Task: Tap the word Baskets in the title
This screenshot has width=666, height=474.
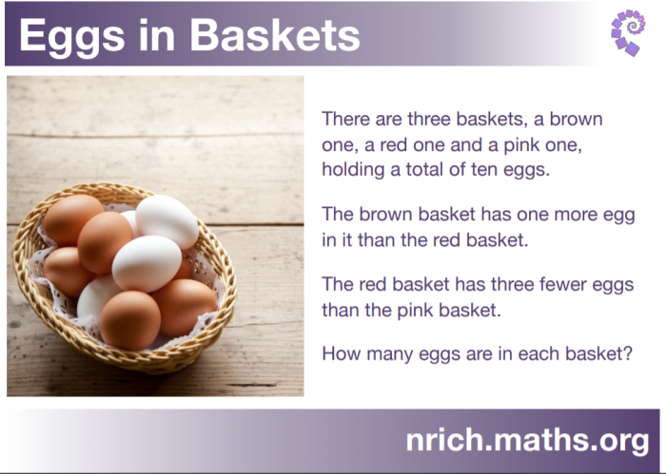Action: [x=275, y=35]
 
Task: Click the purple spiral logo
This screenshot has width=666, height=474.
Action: [x=628, y=32]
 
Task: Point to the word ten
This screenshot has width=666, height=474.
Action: [x=484, y=170]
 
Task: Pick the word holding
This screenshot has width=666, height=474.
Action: [x=353, y=171]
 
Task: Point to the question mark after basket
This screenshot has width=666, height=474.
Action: [x=627, y=353]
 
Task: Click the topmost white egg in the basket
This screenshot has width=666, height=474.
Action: [x=166, y=221]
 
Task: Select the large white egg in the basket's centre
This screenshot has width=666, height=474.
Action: [x=147, y=263]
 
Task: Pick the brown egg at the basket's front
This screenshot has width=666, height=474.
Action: [x=130, y=320]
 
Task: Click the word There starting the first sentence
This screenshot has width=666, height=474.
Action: [x=345, y=119]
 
